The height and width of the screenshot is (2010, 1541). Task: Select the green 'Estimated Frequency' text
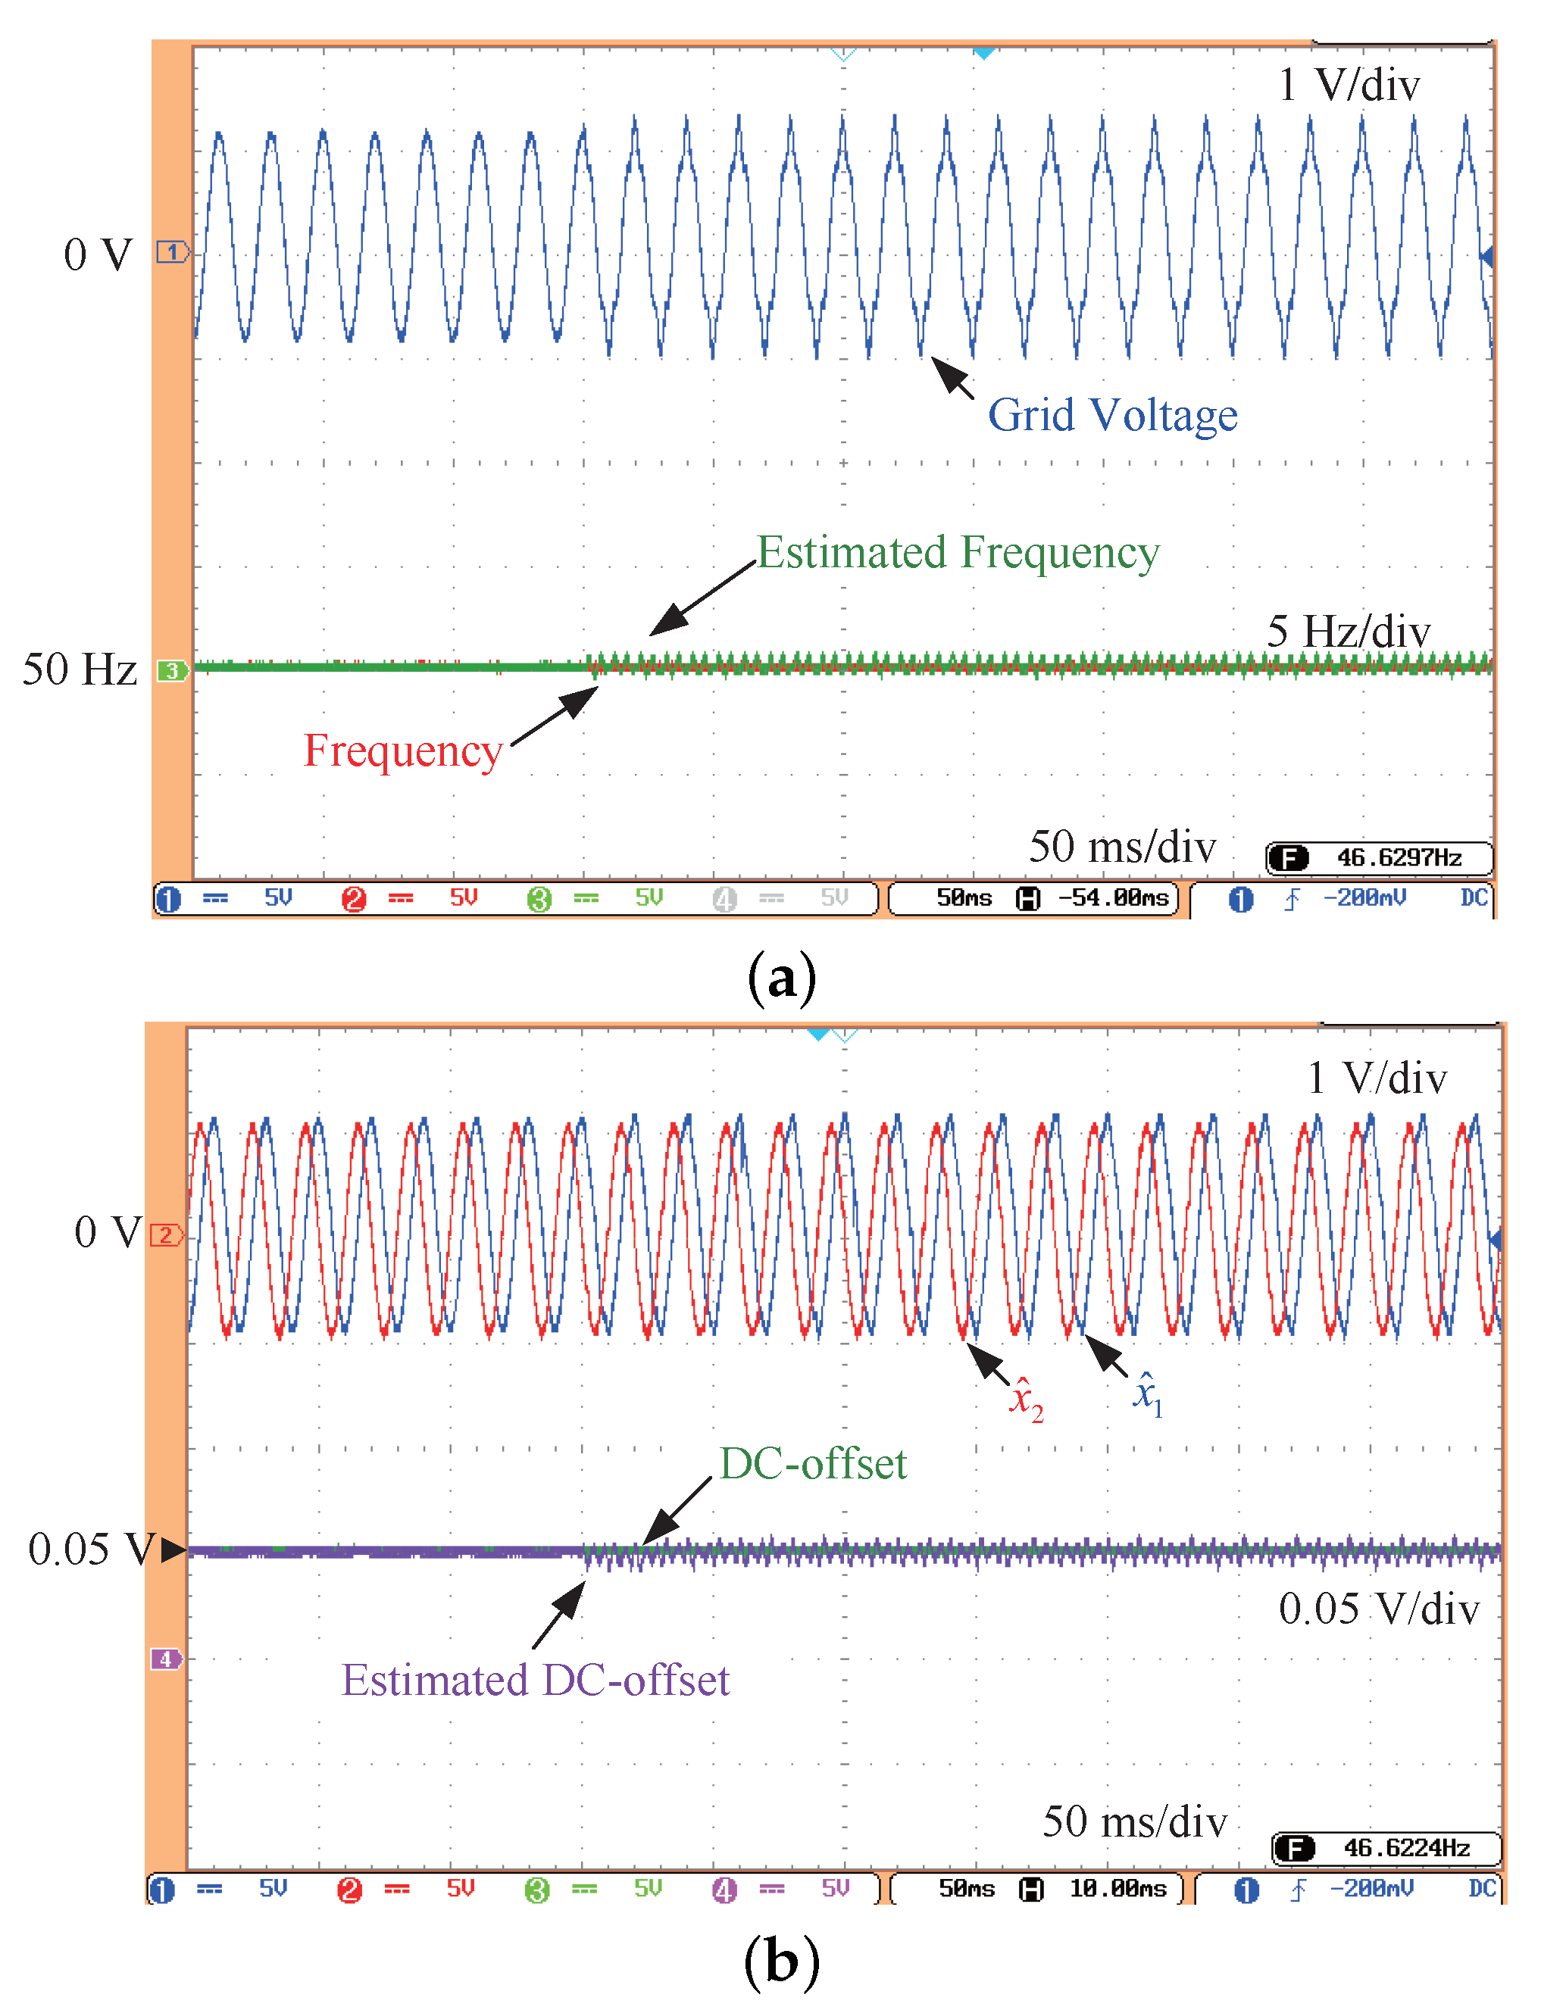click(958, 552)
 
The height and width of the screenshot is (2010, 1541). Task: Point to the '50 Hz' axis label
click(80, 669)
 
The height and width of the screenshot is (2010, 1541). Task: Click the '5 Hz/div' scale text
click(1348, 632)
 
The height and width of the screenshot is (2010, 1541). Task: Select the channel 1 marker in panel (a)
click(171, 251)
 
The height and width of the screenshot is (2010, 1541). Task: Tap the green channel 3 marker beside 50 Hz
click(171, 670)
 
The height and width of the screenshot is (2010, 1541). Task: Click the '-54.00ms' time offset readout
click(1113, 897)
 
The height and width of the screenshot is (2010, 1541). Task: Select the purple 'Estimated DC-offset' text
click(535, 1681)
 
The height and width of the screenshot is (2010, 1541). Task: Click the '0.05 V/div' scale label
click(1379, 1609)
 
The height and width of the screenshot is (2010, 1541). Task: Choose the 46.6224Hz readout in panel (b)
click(1405, 1848)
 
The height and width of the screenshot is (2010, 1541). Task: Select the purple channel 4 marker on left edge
click(166, 1659)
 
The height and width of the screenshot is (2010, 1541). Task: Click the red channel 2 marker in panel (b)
click(166, 1235)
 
